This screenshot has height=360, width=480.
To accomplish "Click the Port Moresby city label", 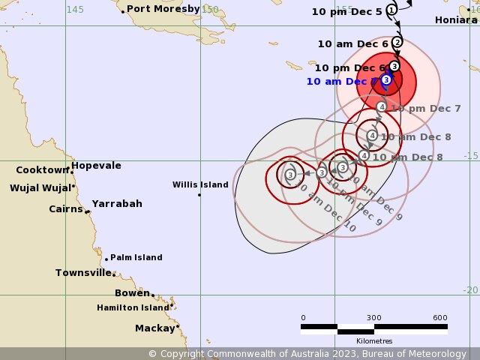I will [163, 9].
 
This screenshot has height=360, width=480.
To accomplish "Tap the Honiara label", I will [455, 20].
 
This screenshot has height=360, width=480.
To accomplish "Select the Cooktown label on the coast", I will [42, 170].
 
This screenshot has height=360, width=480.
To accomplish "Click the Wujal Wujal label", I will [40, 187].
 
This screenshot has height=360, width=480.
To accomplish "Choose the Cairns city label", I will [66, 209].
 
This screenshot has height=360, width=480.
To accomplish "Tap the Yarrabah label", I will [117, 203].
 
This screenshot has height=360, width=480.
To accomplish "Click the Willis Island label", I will [200, 184].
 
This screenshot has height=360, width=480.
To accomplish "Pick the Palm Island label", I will [136, 257].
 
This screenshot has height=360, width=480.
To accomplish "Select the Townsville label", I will [83, 273].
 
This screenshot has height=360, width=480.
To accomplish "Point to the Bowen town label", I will [132, 292].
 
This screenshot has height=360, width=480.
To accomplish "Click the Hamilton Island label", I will [133, 307].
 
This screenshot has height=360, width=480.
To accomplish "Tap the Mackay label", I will [154, 328].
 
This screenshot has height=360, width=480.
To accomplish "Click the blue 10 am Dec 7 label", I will [342, 81].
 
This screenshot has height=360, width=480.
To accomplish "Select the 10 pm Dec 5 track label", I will [346, 11].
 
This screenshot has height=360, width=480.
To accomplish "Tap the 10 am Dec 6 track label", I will [352, 43].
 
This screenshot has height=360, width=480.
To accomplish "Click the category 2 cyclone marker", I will [397, 42].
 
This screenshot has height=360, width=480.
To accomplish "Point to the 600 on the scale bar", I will [440, 317].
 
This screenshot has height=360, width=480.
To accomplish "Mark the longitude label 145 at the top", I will [75, 9].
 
